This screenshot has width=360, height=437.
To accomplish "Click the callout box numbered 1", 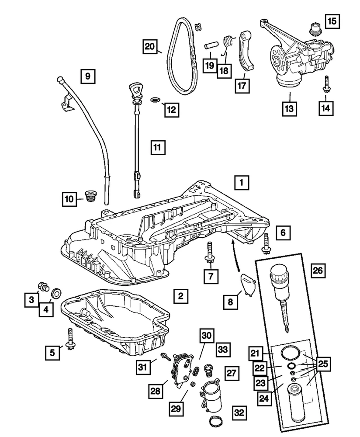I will click(x=242, y=183).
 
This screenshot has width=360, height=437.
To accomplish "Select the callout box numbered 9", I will click(x=87, y=77).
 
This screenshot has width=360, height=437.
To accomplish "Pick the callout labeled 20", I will click(x=150, y=46).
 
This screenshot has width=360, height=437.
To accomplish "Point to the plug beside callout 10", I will click(x=90, y=196).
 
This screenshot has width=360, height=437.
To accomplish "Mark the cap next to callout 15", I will click(x=313, y=28).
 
